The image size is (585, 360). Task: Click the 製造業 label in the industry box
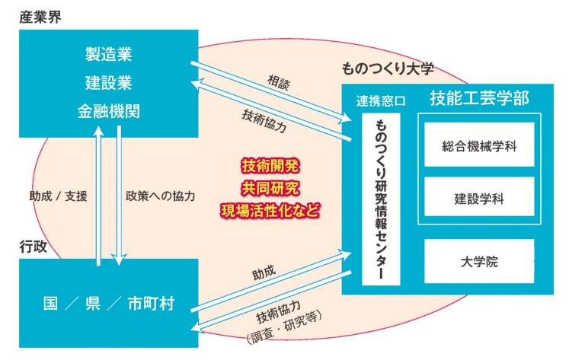[x=109, y=54]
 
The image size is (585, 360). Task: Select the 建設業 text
[x=109, y=83]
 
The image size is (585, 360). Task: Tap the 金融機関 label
[x=109, y=111]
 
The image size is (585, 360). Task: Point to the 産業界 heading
[x=40, y=18]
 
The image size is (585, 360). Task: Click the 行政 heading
[x=34, y=247]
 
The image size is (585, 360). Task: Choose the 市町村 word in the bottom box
[x=151, y=304]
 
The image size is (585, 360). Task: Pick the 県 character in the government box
[x=93, y=304]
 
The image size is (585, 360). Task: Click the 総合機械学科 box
[x=479, y=145]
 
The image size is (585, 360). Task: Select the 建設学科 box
[x=479, y=197]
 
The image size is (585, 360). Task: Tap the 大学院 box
[x=479, y=261]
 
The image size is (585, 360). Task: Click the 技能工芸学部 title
[x=479, y=98]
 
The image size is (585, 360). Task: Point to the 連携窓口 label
[x=381, y=101]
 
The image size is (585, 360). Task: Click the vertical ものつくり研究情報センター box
[x=381, y=199]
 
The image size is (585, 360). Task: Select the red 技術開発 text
[x=270, y=166]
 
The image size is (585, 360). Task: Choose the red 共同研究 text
[x=270, y=188]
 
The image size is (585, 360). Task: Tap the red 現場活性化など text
[x=270, y=211]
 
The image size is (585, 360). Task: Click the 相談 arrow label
[x=278, y=82]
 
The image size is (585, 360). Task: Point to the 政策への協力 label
[x=161, y=196]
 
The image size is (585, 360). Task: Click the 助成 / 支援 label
[x=58, y=196]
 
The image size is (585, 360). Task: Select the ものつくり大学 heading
[x=388, y=68]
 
